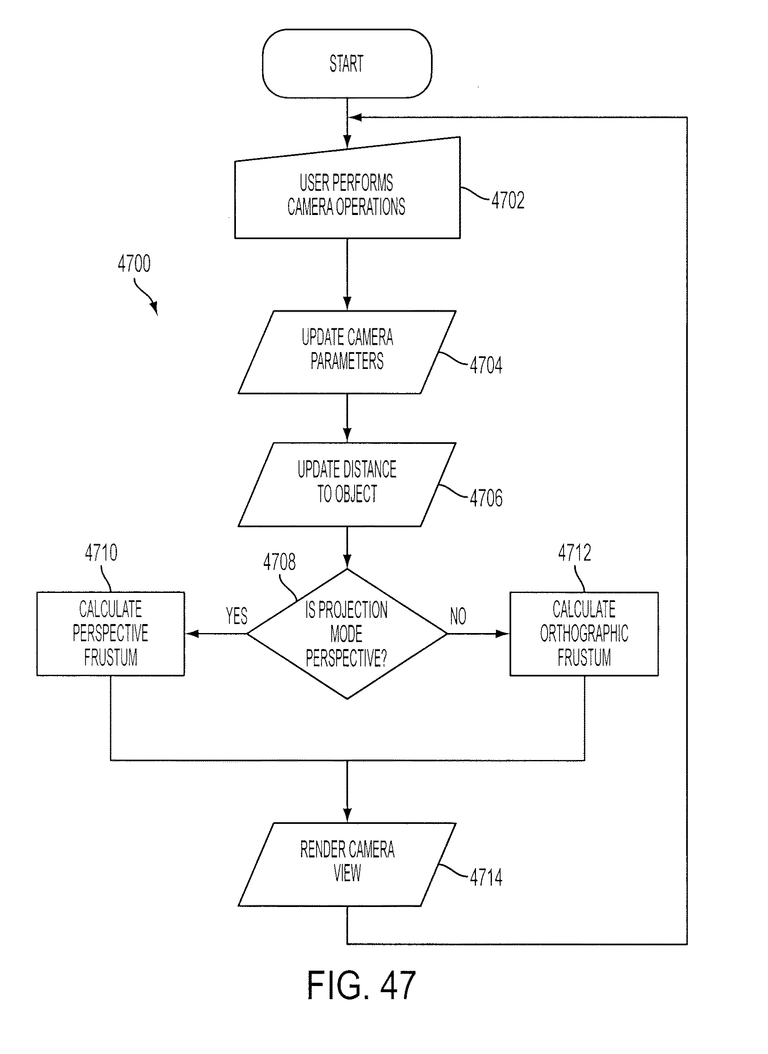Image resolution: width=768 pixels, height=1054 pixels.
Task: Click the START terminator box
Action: click(347, 63)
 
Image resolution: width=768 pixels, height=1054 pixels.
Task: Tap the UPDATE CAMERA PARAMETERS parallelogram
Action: click(347, 352)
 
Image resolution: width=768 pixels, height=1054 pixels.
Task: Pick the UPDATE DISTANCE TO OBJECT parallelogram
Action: click(347, 485)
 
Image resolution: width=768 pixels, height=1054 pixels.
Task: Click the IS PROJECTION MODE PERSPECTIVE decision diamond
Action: click(347, 633)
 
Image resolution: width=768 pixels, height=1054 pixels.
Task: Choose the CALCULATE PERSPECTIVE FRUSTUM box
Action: click(111, 633)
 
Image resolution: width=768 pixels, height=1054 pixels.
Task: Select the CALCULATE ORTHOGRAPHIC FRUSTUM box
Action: click(584, 633)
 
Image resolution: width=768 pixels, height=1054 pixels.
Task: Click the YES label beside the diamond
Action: click(237, 616)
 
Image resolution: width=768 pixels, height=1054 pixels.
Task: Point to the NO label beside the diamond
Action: click(458, 616)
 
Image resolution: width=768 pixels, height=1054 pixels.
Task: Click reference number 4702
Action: click(507, 201)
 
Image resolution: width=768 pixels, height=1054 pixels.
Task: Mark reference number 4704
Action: click(486, 365)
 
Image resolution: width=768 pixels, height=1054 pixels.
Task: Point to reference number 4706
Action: click(486, 498)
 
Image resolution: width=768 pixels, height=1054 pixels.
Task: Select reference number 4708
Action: click(279, 562)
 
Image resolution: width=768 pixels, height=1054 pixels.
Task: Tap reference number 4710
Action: click(101, 552)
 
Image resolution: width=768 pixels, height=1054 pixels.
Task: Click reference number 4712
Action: click(575, 552)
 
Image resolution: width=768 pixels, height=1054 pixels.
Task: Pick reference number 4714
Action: click(486, 878)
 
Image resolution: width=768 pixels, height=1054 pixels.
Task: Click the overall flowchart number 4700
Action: click(134, 264)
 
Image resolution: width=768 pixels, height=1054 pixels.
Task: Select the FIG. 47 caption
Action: click(361, 985)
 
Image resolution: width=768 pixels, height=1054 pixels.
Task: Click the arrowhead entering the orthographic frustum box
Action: click(503, 633)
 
